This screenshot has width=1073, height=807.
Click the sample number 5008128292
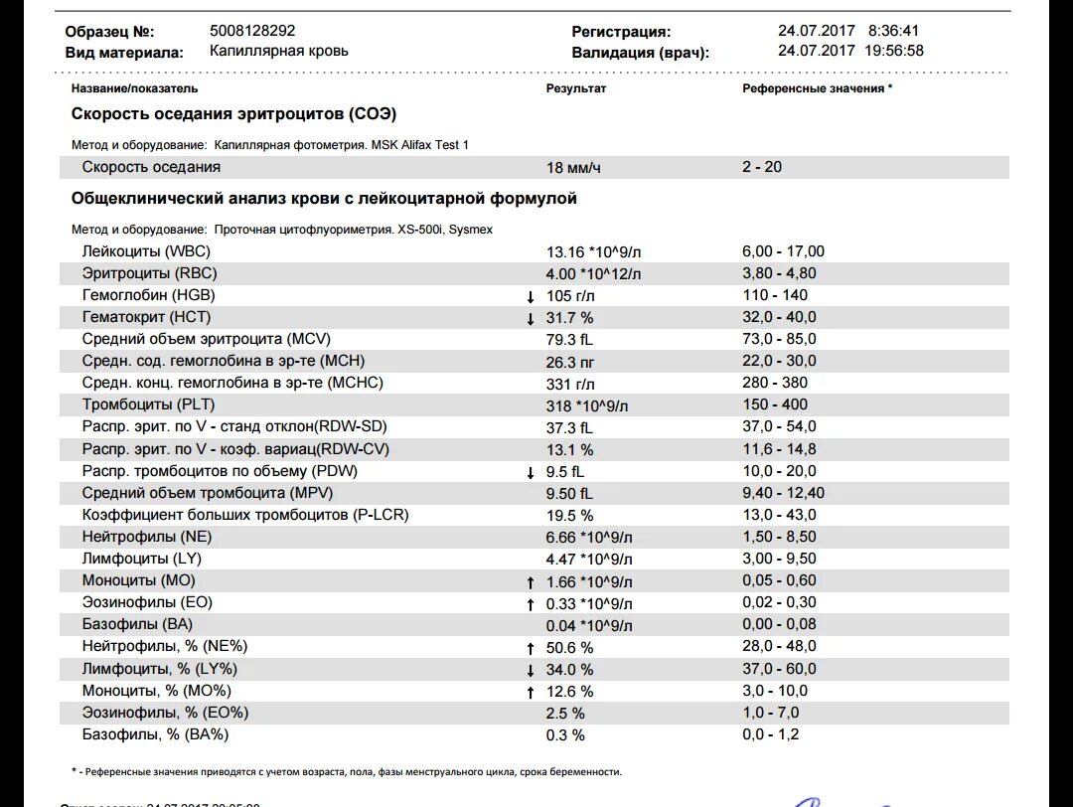coord(252,31)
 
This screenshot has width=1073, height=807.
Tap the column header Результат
coord(576,88)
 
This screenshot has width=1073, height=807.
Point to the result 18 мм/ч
coord(575,168)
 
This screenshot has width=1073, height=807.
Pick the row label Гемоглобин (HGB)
coord(149,295)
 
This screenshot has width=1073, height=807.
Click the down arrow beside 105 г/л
coord(531,296)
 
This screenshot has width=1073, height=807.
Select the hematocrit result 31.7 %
coord(570,318)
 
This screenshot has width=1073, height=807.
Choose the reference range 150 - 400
coord(775,404)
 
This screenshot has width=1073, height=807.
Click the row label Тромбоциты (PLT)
coord(149,404)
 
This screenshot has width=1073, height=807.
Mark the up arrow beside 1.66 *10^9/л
coord(531,581)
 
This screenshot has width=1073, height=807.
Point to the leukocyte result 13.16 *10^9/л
coord(594,252)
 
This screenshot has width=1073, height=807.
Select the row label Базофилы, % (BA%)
coord(156,734)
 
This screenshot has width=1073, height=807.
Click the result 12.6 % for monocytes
coord(570,692)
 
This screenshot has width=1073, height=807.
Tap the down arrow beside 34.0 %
coord(531,670)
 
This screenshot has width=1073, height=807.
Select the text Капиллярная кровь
coord(279,51)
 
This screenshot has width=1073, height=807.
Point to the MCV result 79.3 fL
coord(570,340)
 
